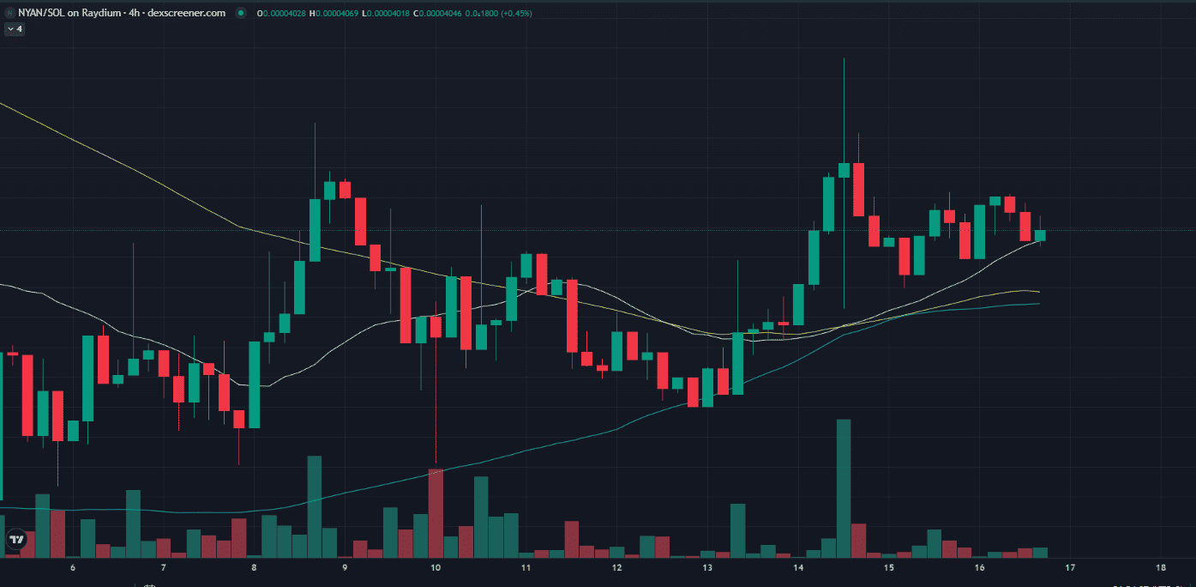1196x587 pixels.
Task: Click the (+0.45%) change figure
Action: [x=518, y=13]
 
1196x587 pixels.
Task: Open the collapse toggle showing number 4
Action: [x=15, y=28]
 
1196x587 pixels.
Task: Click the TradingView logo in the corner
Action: [x=16, y=540]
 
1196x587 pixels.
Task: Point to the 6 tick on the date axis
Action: [x=73, y=568]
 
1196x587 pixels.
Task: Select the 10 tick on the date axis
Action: [x=436, y=568]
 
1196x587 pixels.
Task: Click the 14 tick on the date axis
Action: [x=798, y=568]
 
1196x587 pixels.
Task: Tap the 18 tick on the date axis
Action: [x=1161, y=568]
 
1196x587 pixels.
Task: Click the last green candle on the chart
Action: [x=1040, y=235]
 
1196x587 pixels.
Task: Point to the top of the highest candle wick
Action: [x=844, y=58]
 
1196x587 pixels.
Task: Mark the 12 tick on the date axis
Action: [x=616, y=568]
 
